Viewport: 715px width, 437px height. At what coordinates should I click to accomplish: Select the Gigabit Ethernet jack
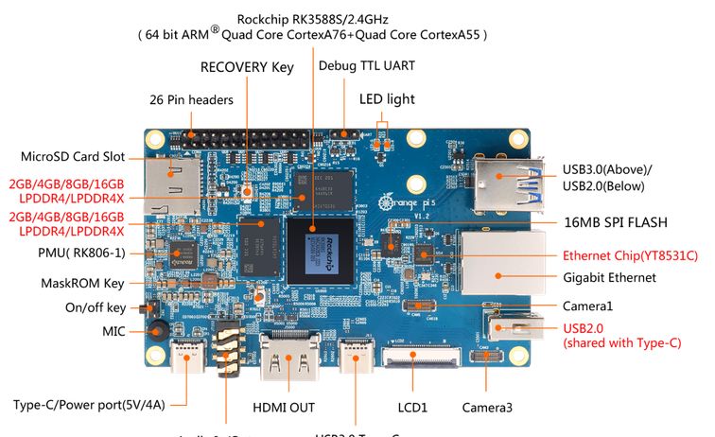[x=501, y=265]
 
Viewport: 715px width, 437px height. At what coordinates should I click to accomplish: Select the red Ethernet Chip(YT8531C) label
[x=630, y=255]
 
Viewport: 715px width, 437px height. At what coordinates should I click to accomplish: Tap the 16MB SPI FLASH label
[x=616, y=222]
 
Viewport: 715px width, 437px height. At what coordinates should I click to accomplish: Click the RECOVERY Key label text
[x=247, y=67]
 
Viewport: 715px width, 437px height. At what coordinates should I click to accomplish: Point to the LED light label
[x=387, y=98]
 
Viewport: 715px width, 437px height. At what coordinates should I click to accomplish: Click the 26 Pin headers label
[x=191, y=98]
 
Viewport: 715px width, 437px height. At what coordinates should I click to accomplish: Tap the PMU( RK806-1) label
[x=74, y=253]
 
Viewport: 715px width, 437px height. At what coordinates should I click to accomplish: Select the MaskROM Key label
[x=82, y=283]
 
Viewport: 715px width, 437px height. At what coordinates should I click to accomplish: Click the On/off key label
[x=96, y=307]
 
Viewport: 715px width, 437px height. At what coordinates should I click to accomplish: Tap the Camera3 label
[x=487, y=408]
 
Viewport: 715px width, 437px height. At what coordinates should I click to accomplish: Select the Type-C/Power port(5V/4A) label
[x=89, y=406]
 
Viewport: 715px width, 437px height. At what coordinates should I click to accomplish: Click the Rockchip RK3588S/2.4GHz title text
[x=313, y=16]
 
